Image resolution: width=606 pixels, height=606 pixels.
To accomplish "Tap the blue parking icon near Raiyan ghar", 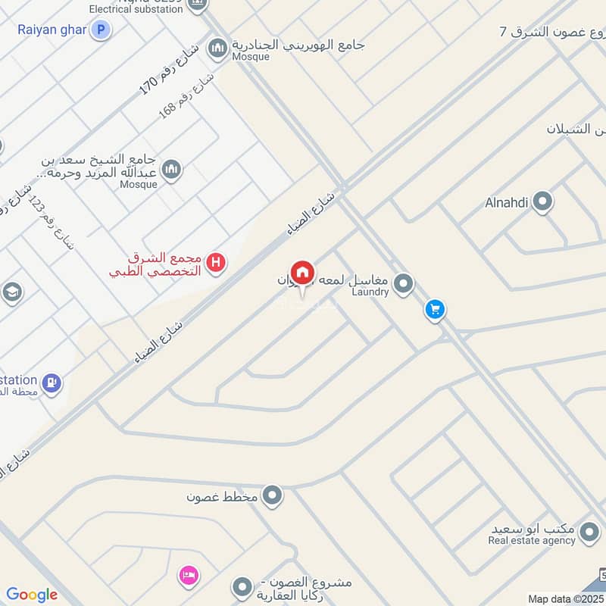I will pyautogui.click(x=100, y=30).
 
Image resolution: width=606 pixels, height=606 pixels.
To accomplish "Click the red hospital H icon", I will pyautogui.click(x=217, y=264).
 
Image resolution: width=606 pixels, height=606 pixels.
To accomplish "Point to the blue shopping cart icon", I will pyautogui.click(x=434, y=310).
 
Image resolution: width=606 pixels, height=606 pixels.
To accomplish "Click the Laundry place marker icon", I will pyautogui.click(x=405, y=284).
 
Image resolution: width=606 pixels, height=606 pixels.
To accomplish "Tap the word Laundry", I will pyautogui.click(x=370, y=292).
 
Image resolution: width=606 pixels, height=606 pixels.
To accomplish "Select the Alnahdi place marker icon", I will pyautogui.click(x=542, y=202).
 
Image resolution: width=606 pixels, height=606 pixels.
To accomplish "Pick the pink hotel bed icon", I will pyautogui.click(x=189, y=576).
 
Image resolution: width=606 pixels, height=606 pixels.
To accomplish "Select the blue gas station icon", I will pyautogui.click(x=52, y=383).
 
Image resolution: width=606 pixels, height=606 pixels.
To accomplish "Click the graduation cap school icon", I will pyautogui.click(x=11, y=292).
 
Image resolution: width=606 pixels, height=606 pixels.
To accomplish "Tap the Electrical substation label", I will pyautogui.click(x=136, y=9).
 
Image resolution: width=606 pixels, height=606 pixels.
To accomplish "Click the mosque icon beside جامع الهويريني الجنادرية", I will pyautogui.click(x=218, y=48).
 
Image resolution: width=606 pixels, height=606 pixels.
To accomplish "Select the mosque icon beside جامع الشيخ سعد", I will pyautogui.click(x=172, y=170).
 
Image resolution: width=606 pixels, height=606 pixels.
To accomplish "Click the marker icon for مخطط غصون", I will pyautogui.click(x=273, y=497).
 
